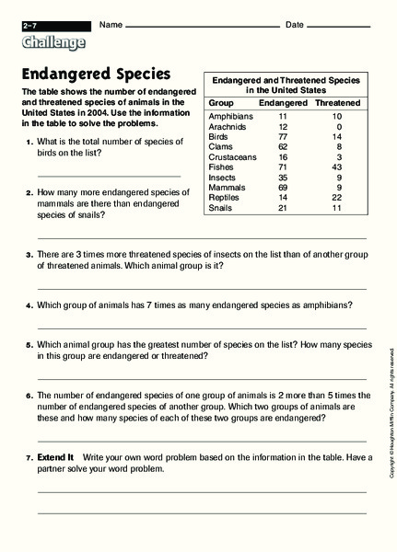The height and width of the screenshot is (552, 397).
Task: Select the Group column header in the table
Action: point(220,102)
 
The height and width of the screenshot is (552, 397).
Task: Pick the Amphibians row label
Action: point(230,118)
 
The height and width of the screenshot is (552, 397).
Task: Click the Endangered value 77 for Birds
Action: point(284,135)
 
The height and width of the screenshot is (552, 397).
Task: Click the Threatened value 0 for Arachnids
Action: point(339,127)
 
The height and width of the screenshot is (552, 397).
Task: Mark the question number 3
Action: point(29,254)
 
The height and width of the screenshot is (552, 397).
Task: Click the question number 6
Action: point(29,394)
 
